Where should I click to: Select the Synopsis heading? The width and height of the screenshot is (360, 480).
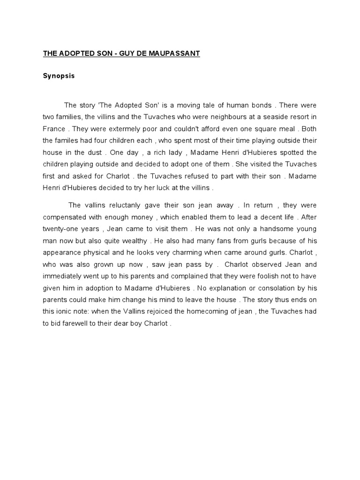59,76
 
